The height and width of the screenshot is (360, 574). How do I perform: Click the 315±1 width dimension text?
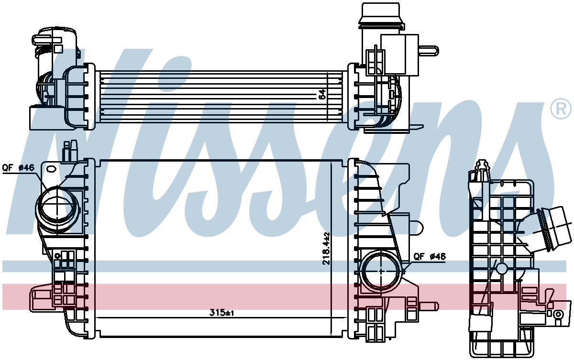pos(221,313)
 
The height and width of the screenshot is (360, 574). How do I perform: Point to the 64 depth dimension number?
pos(322,94)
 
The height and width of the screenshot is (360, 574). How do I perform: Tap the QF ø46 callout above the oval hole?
pos(18,168)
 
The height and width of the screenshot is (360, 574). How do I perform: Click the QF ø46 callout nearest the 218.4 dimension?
pos(430,256)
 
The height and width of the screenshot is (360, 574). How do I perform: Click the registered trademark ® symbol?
pos(561,109)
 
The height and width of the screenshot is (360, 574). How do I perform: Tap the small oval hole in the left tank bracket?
pos(51,169)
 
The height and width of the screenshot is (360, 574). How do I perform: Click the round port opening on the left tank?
pos(55,208)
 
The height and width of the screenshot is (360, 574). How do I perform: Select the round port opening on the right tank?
pos(381,271)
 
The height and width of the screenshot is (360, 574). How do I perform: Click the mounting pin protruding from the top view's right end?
pos(429,51)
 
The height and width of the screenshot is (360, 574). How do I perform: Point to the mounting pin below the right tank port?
pos(429,306)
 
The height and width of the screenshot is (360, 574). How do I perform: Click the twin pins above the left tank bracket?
pos(70,151)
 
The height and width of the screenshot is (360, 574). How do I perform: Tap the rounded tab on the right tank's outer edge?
pos(416,228)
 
